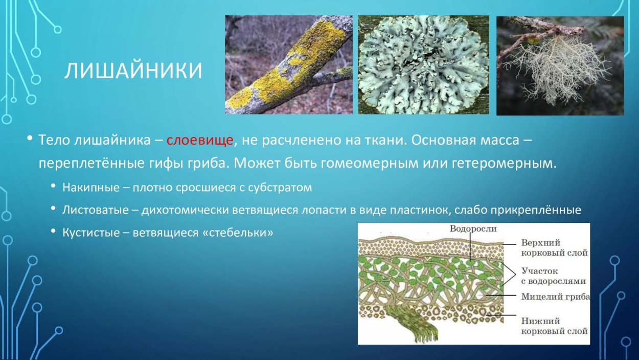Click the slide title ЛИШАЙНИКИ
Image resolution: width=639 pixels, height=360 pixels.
133,72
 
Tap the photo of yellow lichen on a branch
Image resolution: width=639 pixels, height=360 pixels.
288,65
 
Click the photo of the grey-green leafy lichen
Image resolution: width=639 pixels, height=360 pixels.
423,65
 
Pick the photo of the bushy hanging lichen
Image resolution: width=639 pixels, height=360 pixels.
560,65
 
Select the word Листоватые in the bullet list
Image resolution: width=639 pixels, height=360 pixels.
96,210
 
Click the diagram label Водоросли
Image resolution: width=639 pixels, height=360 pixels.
473,229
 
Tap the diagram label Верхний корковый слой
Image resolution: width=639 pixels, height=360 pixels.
554,247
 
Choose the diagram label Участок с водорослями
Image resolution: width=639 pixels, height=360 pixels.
553,276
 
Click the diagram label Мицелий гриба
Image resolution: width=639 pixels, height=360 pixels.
555,297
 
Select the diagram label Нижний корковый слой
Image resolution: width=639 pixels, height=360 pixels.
554,326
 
